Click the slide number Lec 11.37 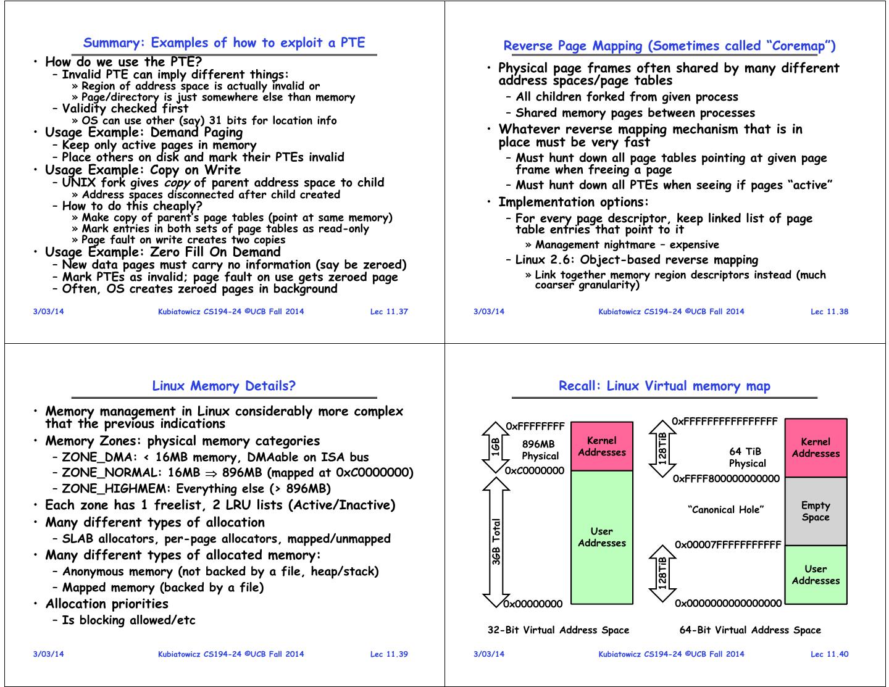click(389, 312)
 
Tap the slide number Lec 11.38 click(829, 312)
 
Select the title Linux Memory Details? click(223, 386)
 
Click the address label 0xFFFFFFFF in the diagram click(535, 426)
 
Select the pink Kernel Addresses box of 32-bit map click(601, 446)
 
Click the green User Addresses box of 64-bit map click(816, 575)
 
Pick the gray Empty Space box click(816, 512)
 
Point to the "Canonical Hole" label click(725, 510)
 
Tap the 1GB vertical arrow click(496, 446)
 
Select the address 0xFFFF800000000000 click(726, 478)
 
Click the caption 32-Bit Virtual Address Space click(558, 630)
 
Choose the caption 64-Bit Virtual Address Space click(750, 630)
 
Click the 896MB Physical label click(540, 450)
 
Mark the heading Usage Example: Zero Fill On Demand click(163, 252)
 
